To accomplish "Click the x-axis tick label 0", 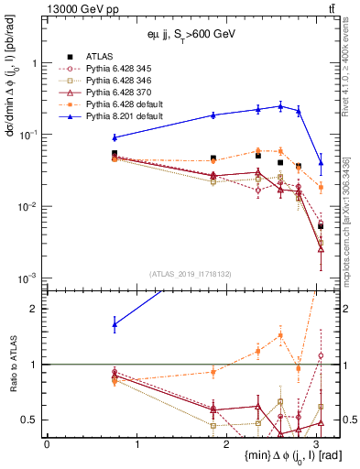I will click(47, 443).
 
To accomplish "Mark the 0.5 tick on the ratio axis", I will click(33, 420).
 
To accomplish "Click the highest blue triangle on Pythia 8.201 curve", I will click(280, 106).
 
